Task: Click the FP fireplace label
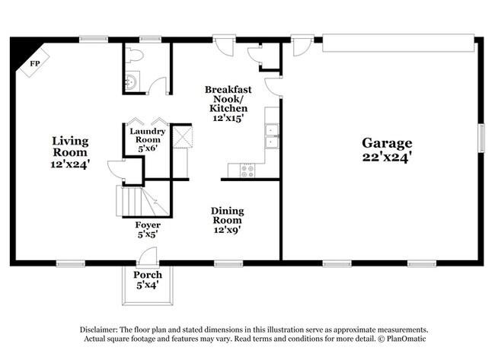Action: [35, 64]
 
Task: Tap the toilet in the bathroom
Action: [134, 55]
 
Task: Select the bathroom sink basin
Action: [131, 81]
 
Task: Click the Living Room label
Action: [70, 152]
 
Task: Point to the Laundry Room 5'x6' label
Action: [148, 140]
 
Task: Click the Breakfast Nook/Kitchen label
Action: [228, 104]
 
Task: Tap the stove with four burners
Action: [247, 170]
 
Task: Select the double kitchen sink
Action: [272, 136]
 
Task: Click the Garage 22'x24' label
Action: [387, 149]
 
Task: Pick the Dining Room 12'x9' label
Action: [227, 220]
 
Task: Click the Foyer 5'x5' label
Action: [148, 229]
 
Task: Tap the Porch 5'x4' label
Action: [148, 279]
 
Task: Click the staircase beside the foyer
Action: [142, 201]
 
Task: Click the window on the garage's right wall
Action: [481, 139]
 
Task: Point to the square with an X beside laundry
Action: [183, 137]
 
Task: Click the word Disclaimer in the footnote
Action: [98, 330]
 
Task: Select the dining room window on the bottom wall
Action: [228, 263]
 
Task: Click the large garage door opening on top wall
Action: [398, 43]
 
